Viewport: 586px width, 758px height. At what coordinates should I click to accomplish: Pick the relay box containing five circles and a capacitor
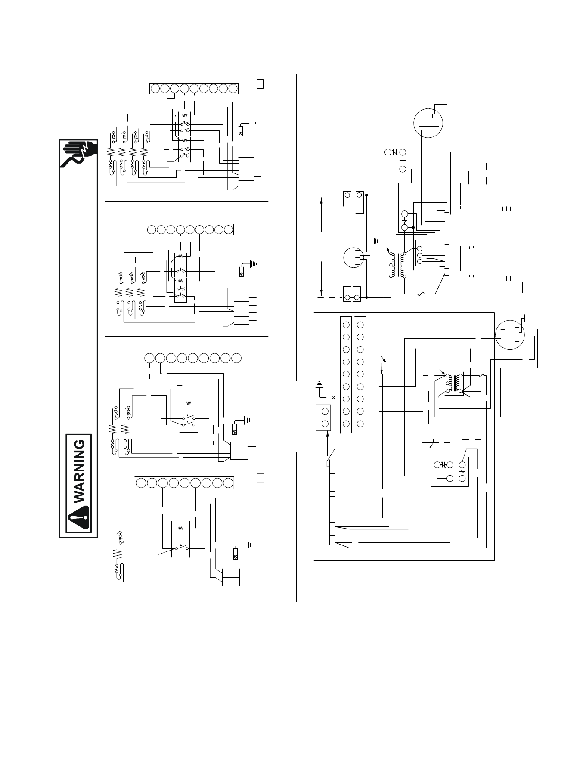[449, 472]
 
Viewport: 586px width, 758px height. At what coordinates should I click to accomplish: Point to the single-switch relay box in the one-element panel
[181, 538]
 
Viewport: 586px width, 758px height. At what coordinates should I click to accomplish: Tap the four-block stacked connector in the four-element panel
[246, 172]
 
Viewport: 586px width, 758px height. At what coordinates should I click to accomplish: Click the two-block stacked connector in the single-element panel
[231, 577]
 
